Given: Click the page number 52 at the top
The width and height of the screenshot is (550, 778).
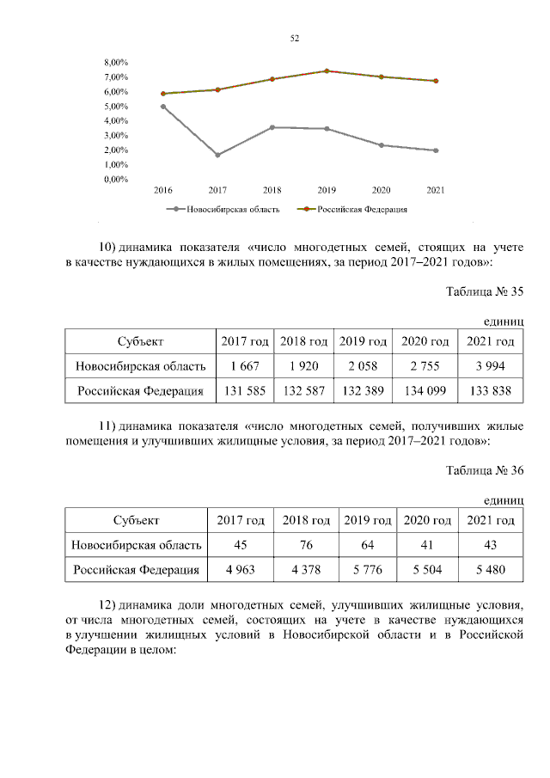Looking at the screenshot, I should (x=295, y=39).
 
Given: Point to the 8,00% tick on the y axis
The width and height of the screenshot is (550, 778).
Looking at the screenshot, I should (x=116, y=63).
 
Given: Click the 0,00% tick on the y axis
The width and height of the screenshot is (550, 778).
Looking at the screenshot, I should (x=116, y=180).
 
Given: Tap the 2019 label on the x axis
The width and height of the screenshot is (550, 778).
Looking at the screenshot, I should (x=327, y=190).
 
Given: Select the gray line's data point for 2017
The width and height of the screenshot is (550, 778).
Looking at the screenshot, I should (x=217, y=155).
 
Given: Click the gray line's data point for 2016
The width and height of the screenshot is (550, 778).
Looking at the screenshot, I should (x=163, y=107).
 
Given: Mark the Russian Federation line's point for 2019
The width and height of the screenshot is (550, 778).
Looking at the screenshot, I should (x=327, y=71).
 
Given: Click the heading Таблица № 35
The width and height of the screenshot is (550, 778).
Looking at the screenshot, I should (x=484, y=291).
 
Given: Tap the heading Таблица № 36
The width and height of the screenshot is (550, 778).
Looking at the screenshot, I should (x=484, y=469).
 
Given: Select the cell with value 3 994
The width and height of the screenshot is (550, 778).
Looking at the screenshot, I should (x=490, y=366).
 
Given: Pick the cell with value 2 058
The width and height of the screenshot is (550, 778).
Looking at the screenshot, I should (x=364, y=366).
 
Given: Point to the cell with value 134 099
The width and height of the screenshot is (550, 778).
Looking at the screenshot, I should (x=425, y=391).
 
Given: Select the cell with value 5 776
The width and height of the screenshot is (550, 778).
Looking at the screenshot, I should (x=368, y=569).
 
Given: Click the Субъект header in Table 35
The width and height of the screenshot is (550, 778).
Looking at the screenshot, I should (x=141, y=342).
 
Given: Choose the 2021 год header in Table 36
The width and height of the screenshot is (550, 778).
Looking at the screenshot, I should (x=491, y=520).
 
